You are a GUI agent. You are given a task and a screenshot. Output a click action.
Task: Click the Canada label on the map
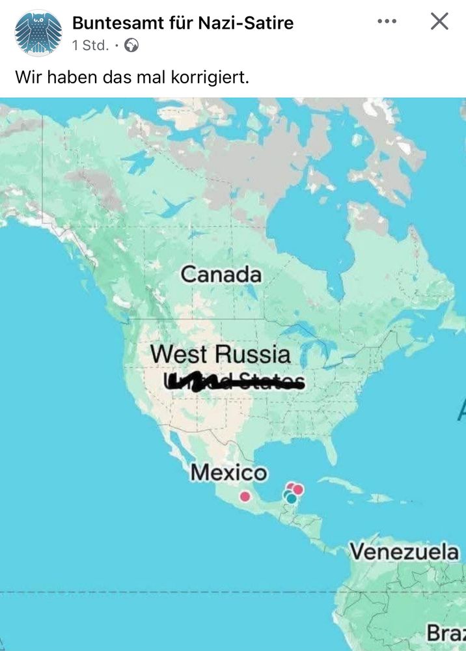221,274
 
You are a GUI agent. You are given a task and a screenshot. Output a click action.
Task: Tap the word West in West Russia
180,355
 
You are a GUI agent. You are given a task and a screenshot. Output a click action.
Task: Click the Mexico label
228,473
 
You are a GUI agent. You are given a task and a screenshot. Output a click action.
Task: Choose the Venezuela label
404,551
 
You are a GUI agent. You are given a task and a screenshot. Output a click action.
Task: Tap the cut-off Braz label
446,632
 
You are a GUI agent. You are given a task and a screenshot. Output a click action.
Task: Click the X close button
439,21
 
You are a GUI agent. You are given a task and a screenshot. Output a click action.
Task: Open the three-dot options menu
387,21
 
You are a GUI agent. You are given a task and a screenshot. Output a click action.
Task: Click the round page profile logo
38,33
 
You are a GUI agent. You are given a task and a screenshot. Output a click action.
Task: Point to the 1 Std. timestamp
90,46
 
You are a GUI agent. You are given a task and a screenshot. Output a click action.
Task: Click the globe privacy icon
132,46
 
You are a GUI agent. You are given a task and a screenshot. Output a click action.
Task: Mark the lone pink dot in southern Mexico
245,496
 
